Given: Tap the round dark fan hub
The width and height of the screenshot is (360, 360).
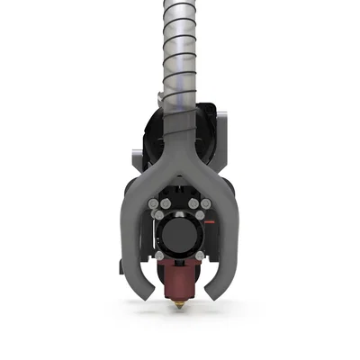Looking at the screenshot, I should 180,236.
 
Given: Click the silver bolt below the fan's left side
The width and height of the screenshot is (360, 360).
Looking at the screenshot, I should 160,255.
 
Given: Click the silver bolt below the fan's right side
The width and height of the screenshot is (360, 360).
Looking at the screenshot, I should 201,254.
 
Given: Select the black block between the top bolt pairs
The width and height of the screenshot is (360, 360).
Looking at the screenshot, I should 180,201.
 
